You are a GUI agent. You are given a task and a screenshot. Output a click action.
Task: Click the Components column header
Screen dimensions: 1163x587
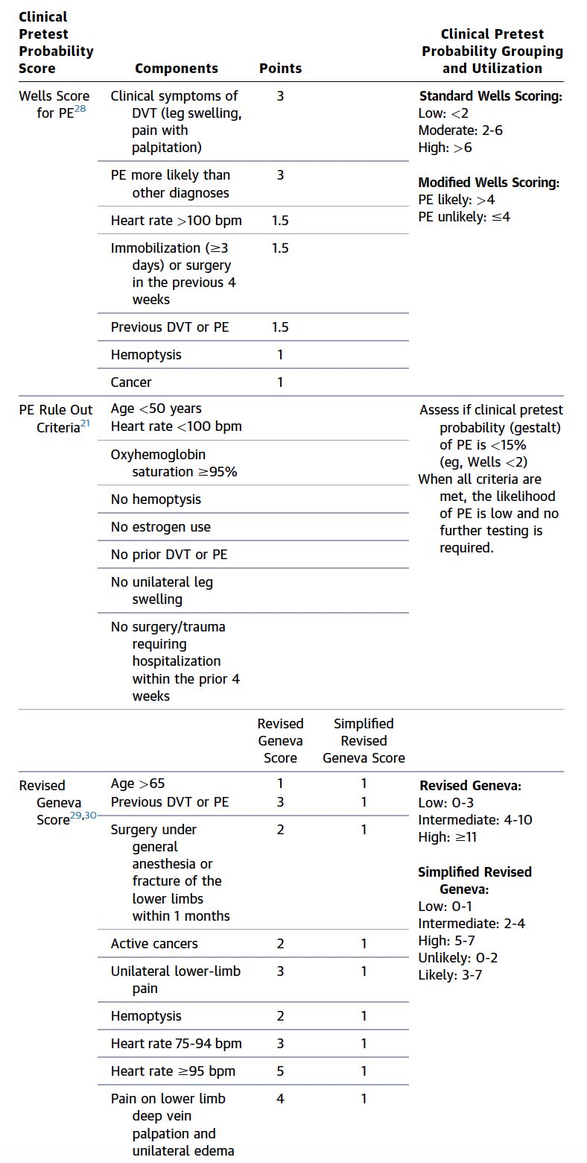tap(177, 69)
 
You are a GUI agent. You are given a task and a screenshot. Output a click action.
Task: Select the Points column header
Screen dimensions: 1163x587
tap(280, 69)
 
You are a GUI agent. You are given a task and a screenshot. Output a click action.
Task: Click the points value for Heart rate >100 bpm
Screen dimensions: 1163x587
tap(280, 221)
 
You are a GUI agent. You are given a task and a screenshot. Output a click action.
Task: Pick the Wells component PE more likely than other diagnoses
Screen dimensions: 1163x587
tap(171, 184)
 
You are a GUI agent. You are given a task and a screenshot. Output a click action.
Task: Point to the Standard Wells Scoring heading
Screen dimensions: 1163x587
tap(490, 96)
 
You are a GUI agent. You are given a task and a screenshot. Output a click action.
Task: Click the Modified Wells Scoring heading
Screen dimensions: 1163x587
tap(489, 183)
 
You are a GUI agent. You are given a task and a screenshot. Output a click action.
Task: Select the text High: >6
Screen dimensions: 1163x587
tap(445, 148)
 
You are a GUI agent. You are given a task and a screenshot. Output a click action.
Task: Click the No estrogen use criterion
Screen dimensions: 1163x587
tap(161, 527)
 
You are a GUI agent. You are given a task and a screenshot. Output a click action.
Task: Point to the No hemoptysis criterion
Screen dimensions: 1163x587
tap(156, 499)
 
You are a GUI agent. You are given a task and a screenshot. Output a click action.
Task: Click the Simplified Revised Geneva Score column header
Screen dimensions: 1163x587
tap(364, 741)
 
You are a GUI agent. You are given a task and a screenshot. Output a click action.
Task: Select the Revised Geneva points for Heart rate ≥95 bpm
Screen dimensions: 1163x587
tap(280, 1071)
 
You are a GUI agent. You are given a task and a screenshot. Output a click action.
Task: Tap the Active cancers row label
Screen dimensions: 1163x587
tap(154, 944)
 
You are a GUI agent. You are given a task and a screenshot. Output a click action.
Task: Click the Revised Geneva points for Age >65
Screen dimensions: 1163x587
tap(280, 784)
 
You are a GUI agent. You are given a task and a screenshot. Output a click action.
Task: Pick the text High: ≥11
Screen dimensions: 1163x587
tap(448, 837)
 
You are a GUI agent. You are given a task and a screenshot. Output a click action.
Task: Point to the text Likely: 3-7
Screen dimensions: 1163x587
tap(450, 975)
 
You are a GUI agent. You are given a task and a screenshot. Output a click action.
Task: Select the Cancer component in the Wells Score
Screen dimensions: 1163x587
tap(131, 382)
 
